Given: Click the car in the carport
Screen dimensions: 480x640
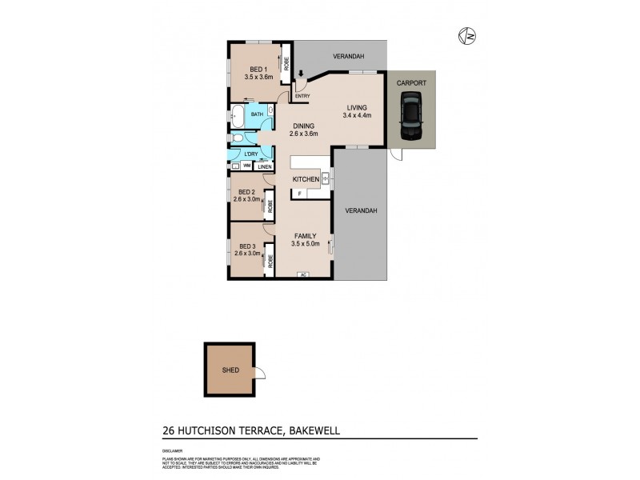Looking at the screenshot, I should point(411,114).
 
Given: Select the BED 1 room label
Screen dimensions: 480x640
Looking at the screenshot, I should point(258,69).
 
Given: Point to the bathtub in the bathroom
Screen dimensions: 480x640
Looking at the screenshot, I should point(238,115).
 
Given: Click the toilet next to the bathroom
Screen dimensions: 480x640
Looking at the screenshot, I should point(237,139).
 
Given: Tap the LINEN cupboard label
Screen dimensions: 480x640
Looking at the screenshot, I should point(264,166).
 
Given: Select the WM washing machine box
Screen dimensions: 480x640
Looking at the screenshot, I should point(246,166).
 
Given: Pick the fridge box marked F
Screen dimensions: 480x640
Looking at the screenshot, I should point(300,193).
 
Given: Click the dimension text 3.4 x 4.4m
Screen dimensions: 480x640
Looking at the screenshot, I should point(358,116).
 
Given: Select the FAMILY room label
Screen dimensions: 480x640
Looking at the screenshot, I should point(304,236).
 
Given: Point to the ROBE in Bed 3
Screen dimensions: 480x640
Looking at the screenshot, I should point(270,259).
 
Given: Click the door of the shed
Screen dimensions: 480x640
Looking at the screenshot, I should point(261,371).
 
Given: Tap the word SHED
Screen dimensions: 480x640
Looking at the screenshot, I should point(230,371).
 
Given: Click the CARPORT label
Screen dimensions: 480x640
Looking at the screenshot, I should point(411,82).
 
